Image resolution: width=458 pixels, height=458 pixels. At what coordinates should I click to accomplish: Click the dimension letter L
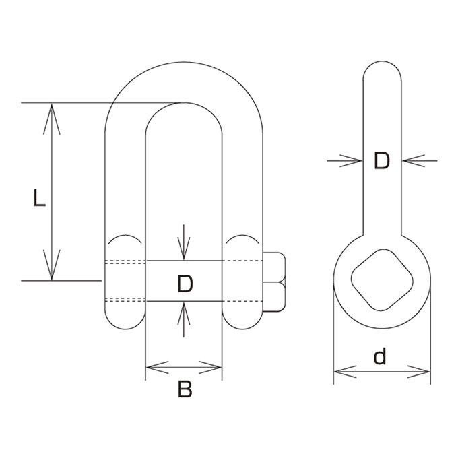tap(40, 198)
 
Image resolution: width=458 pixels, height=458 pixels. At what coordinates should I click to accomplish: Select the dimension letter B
tap(185, 389)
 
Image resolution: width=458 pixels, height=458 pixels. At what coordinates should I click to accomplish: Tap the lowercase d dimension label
tap(380, 356)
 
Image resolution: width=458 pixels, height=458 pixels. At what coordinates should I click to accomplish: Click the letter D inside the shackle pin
tap(185, 284)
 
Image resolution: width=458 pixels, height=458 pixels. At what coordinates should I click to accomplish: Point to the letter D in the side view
tap(382, 161)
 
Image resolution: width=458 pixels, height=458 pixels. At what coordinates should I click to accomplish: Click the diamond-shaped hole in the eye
tap(382, 280)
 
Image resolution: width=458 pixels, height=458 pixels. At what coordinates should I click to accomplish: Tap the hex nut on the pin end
tap(274, 282)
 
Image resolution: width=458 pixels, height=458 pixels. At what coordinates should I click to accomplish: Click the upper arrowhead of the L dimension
tap(52, 119)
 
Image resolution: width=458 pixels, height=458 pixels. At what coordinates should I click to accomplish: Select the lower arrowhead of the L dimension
tap(52, 265)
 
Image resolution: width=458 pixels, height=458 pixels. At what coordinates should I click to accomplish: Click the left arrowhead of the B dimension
tap(157, 367)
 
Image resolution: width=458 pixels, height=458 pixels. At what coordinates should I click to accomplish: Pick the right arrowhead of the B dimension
tap(210, 367)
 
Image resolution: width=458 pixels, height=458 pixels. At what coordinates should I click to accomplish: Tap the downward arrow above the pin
tap(184, 242)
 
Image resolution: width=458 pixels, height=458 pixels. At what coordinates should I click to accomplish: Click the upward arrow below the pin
tap(184, 319)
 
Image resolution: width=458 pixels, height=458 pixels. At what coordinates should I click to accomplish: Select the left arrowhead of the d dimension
tap(345, 372)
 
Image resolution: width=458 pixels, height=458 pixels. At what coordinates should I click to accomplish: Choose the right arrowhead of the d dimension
tap(419, 372)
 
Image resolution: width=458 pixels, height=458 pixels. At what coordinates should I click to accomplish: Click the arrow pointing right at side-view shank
tap(345, 161)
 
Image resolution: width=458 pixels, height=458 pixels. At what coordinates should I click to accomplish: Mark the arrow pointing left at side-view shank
tap(420, 161)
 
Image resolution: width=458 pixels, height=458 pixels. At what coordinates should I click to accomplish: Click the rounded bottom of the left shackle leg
tap(125, 329)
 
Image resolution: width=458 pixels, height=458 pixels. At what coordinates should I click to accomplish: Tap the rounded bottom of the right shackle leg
tap(242, 329)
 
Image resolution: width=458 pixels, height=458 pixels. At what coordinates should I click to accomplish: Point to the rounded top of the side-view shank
tap(382, 61)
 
